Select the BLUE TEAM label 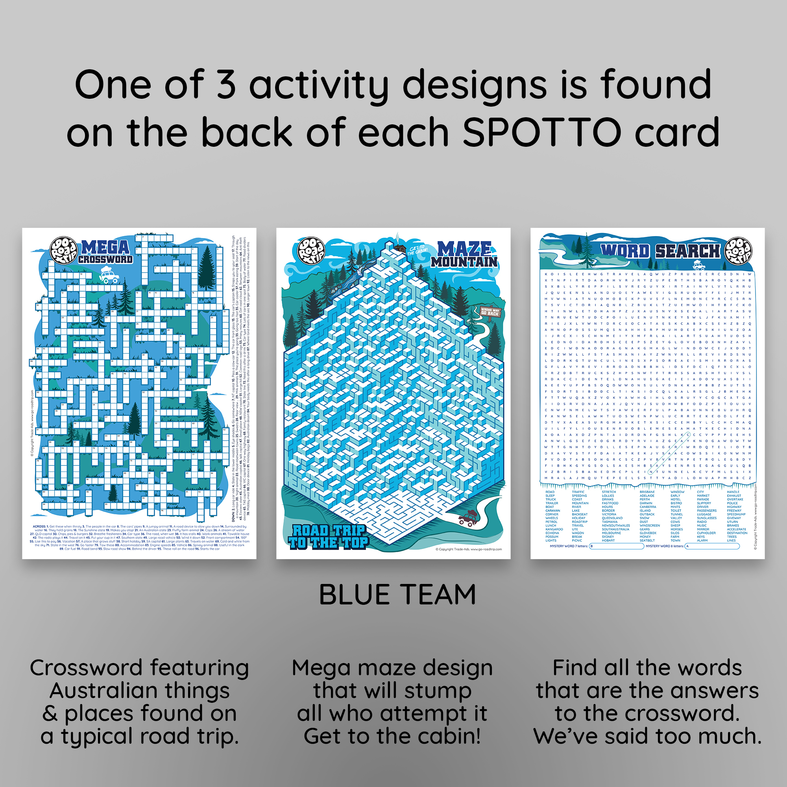[397, 595]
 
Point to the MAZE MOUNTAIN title [464, 255]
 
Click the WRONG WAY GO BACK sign [490, 312]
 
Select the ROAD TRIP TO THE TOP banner [328, 536]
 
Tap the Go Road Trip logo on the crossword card [63, 251]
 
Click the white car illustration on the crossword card [109, 277]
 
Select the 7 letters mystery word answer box [616, 546]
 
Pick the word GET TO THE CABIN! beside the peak [418, 250]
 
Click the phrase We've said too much [647, 736]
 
